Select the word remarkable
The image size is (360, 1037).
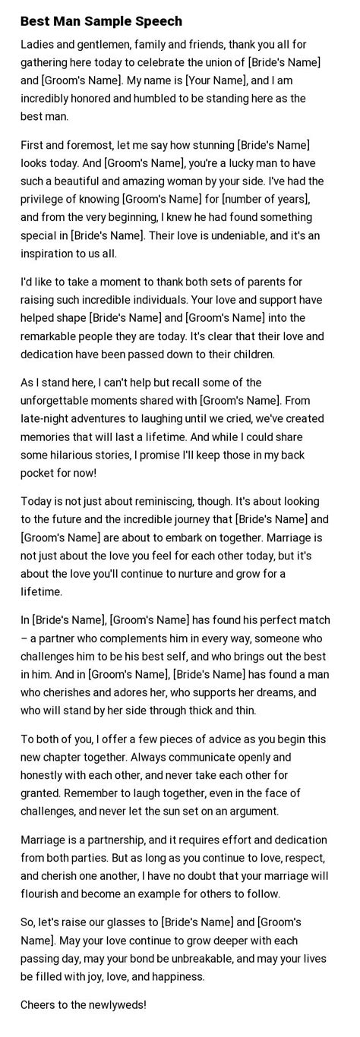click(55, 336)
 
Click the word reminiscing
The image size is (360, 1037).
click(174, 502)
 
